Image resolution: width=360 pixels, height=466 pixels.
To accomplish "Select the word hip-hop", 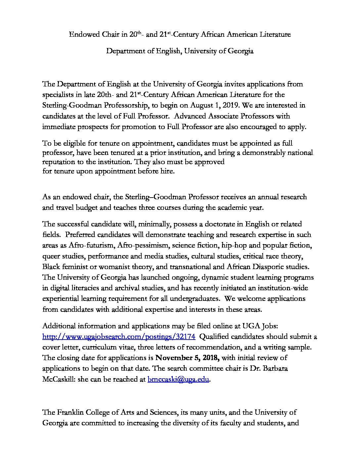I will point(231,245).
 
